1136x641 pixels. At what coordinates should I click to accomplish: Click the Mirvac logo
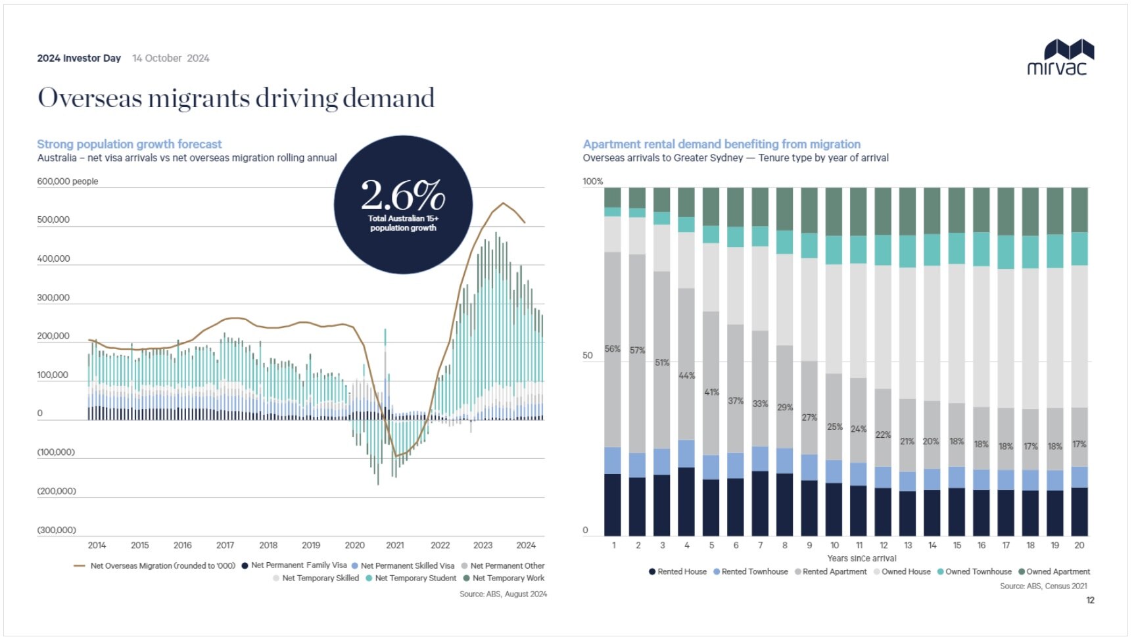(x=1060, y=57)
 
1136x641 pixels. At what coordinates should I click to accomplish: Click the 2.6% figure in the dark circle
(x=403, y=195)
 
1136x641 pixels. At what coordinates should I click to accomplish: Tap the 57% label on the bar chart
(x=637, y=350)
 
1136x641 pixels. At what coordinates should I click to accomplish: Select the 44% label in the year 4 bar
(x=686, y=375)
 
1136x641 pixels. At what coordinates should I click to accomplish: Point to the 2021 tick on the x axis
(x=395, y=545)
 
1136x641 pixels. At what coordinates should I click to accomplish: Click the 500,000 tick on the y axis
(x=53, y=220)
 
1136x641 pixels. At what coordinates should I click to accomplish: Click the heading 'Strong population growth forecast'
(x=130, y=144)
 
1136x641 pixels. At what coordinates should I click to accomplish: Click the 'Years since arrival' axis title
(x=861, y=558)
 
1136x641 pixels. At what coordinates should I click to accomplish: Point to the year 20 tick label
(x=1079, y=546)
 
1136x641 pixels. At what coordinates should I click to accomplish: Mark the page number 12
(x=1090, y=600)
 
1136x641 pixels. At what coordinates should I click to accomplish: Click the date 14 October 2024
(x=171, y=59)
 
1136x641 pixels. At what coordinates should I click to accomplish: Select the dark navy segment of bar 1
(x=613, y=504)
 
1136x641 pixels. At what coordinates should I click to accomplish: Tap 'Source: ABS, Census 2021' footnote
(x=1043, y=586)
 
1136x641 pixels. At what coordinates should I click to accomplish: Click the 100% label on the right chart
(x=592, y=181)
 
